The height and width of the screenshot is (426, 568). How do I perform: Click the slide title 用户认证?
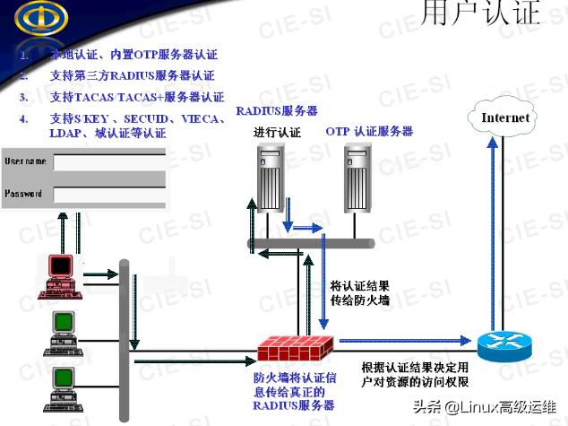click(481, 13)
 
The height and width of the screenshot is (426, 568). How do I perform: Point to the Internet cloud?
click(505, 118)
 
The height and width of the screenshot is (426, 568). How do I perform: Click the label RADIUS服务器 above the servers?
click(277, 111)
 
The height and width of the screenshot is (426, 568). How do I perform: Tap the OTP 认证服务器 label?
click(369, 132)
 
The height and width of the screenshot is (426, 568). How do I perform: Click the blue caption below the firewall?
click(294, 392)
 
